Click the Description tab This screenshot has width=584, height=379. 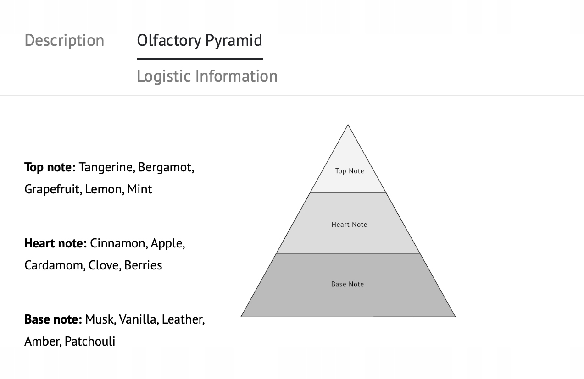tap(64, 40)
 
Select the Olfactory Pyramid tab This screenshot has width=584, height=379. tap(200, 40)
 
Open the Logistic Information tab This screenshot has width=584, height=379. tap(207, 76)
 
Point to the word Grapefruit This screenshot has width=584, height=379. tap(52, 189)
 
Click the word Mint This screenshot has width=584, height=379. tap(139, 189)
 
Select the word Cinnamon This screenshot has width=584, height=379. tap(117, 243)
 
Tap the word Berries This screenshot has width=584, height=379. tap(143, 265)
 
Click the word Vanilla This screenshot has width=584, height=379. tap(137, 319)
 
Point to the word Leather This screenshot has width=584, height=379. tap(182, 319)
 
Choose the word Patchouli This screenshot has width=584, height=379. tap(90, 341)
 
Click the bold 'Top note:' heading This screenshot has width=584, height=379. tap(50, 167)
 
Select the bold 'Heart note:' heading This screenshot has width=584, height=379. tap(56, 243)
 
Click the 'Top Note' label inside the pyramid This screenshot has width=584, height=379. tap(350, 171)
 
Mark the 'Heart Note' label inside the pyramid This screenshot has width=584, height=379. tap(349, 225)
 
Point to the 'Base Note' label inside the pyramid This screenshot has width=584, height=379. tap(347, 284)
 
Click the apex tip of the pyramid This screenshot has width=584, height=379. tap(348, 125)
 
